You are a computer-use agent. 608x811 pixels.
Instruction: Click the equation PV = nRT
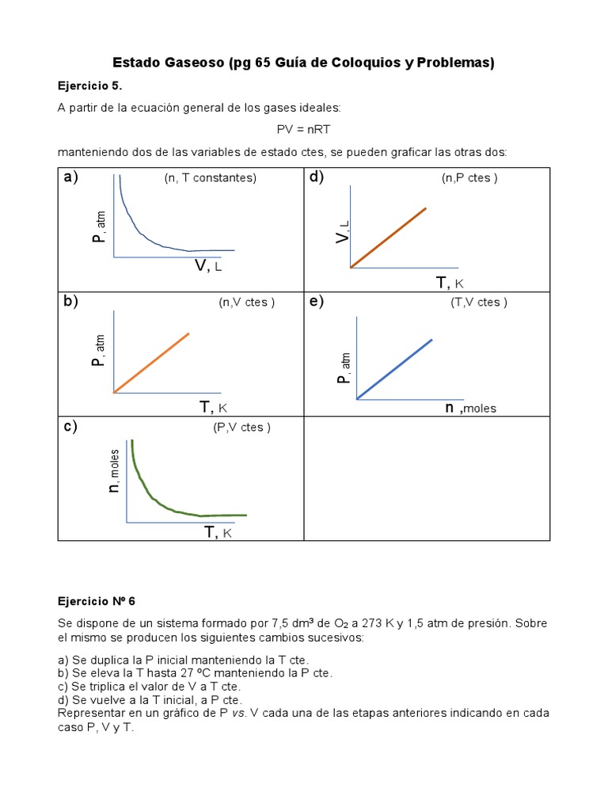303,129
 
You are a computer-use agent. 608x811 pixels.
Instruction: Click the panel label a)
71,177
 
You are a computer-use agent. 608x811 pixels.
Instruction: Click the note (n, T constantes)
211,178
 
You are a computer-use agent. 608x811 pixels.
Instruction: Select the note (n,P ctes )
469,178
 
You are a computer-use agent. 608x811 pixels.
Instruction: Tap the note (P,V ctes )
241,428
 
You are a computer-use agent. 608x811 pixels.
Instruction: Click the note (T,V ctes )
479,302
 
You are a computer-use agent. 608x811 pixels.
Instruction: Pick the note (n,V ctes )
247,303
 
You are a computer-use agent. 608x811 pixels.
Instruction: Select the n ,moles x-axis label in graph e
469,408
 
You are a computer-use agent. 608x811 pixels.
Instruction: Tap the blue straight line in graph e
394,369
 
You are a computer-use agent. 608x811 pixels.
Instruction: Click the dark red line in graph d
388,238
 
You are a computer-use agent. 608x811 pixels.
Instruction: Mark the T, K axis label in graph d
449,283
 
